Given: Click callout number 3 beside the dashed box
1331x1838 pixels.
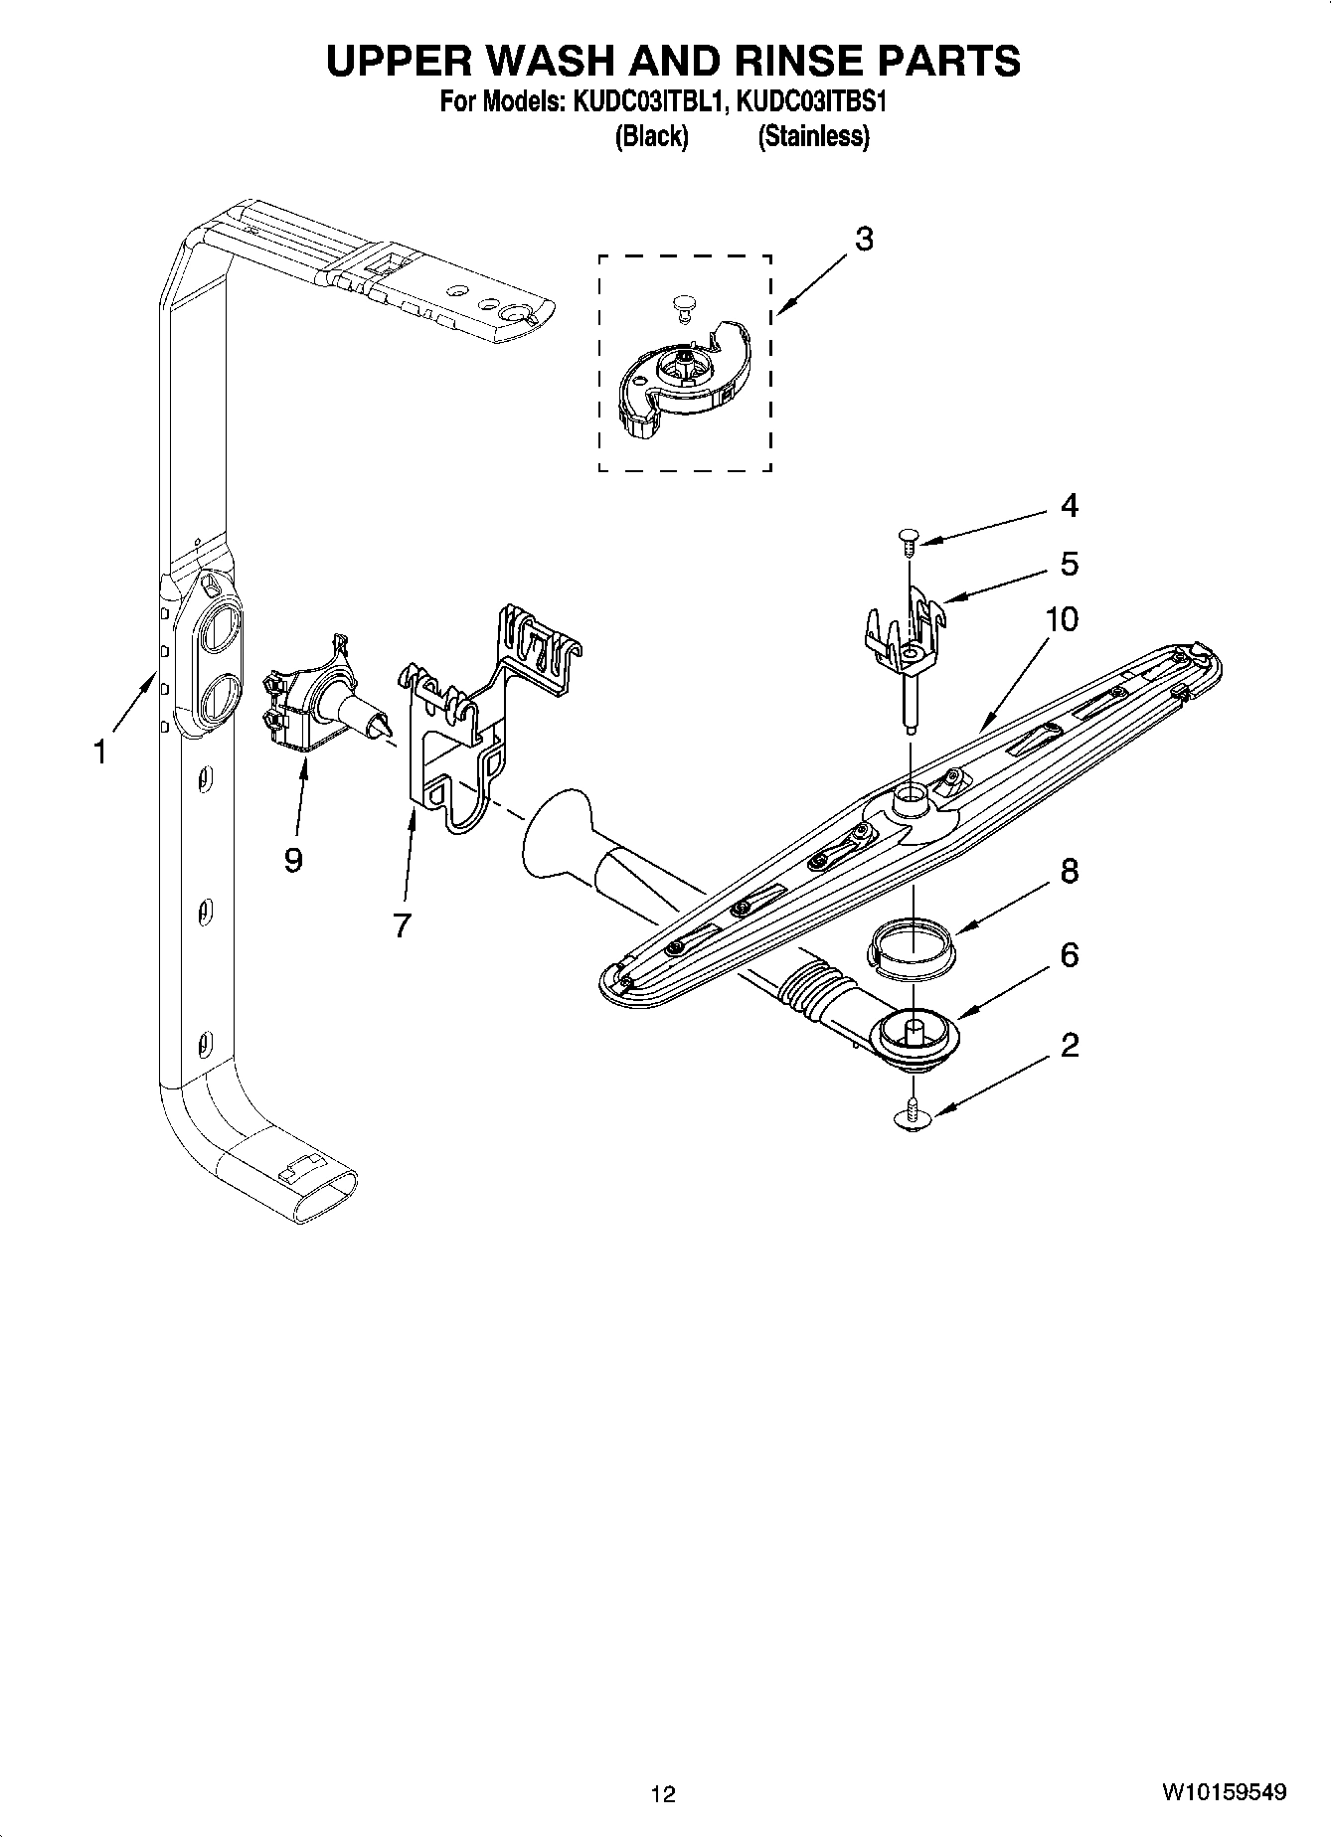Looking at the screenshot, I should pos(864,240).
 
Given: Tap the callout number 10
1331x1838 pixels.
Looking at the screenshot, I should pos(1062,619).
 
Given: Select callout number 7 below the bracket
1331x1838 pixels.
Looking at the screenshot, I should pos(402,925).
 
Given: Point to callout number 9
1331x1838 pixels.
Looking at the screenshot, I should pos(292,860).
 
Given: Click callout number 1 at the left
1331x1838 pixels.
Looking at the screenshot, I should pos(99,752).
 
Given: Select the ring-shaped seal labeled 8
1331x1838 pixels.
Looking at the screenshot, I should pos(910,941).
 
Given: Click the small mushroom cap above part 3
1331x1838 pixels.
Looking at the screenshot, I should pos(683,302).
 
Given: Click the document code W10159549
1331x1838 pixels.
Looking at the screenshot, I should pos(1223,1793).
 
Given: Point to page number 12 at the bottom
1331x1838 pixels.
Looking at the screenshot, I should pos(663,1794).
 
